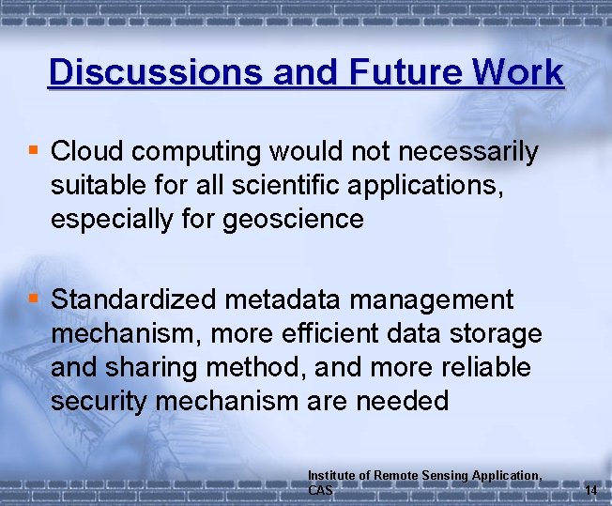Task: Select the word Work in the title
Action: pos(517,72)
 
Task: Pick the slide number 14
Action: pos(590,490)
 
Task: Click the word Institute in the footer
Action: pos(331,476)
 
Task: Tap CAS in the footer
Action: pos(321,490)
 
